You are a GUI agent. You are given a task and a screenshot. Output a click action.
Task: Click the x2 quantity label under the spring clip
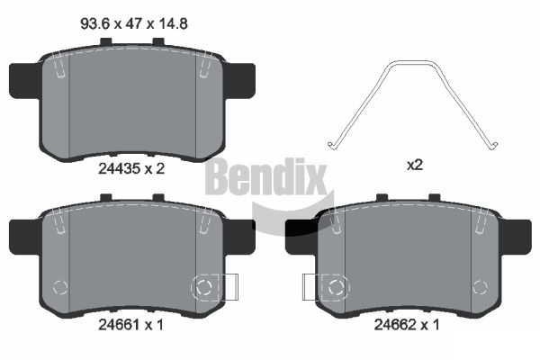(415, 166)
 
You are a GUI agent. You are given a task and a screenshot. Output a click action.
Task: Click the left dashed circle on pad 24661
(61, 288)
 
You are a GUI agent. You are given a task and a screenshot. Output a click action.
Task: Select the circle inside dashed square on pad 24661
(204, 287)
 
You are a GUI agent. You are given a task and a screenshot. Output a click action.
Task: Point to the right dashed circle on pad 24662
(479, 288)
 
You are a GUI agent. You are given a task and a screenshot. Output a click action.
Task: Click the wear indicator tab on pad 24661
(229, 287)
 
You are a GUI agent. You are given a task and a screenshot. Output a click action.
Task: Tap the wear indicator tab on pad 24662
(310, 287)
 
